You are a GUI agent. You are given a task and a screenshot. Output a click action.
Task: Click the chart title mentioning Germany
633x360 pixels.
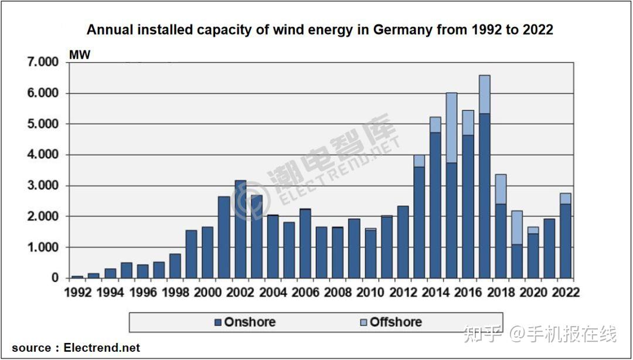pyautogui.click(x=319, y=30)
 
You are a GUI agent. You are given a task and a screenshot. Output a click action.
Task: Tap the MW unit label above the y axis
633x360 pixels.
pyautogui.click(x=80, y=55)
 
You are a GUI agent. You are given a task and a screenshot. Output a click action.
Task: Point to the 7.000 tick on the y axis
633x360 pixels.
pyautogui.click(x=42, y=62)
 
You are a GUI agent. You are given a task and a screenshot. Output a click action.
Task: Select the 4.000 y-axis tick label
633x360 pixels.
pyautogui.click(x=42, y=155)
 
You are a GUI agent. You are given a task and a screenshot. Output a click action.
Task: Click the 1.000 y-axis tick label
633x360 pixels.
pyautogui.click(x=42, y=247)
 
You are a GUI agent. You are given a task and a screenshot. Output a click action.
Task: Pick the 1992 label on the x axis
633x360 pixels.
pyautogui.click(x=77, y=292)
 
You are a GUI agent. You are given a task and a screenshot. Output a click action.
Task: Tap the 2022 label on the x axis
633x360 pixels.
pyautogui.click(x=565, y=292)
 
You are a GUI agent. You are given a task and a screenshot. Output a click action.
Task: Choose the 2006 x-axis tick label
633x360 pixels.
pyautogui.click(x=305, y=292)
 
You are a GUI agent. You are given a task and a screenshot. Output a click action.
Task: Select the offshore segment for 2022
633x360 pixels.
pyautogui.click(x=565, y=198)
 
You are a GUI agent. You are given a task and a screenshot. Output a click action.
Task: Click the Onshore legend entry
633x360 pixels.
pyautogui.click(x=244, y=322)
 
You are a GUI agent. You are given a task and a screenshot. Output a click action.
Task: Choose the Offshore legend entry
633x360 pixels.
pyautogui.click(x=389, y=322)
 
